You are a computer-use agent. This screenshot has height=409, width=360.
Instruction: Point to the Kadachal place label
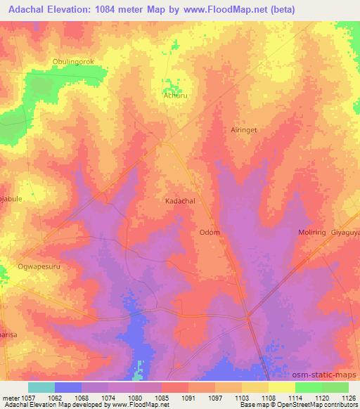(179, 200)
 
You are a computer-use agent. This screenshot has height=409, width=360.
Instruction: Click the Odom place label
(210, 233)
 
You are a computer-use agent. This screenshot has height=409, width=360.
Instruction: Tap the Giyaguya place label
(345, 233)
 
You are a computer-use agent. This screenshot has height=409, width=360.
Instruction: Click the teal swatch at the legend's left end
(41, 387)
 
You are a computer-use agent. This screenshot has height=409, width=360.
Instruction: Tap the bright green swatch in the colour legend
(309, 387)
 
